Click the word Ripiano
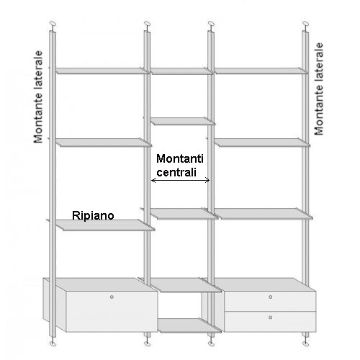tap(93, 215)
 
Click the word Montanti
tap(180, 158)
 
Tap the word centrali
tap(176, 172)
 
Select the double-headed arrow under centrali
tap(181, 180)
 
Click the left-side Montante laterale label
tap(38, 96)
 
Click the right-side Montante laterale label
tap(319, 89)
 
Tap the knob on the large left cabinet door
tap(112, 297)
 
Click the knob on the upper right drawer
tap(271, 297)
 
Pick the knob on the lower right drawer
tap(271, 318)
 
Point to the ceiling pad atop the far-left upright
tap(53, 24)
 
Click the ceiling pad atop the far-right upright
tap(305, 24)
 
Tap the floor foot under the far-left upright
tap(53, 344)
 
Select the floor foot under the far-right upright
tap(306, 343)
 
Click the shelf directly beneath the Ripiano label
tap(105, 225)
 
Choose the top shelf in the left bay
tap(102, 71)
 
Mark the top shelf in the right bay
tap(261, 71)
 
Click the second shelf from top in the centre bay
tap(183, 121)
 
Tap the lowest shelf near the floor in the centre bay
tap(189, 325)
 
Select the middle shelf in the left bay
tap(104, 143)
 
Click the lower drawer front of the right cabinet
tap(270, 322)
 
